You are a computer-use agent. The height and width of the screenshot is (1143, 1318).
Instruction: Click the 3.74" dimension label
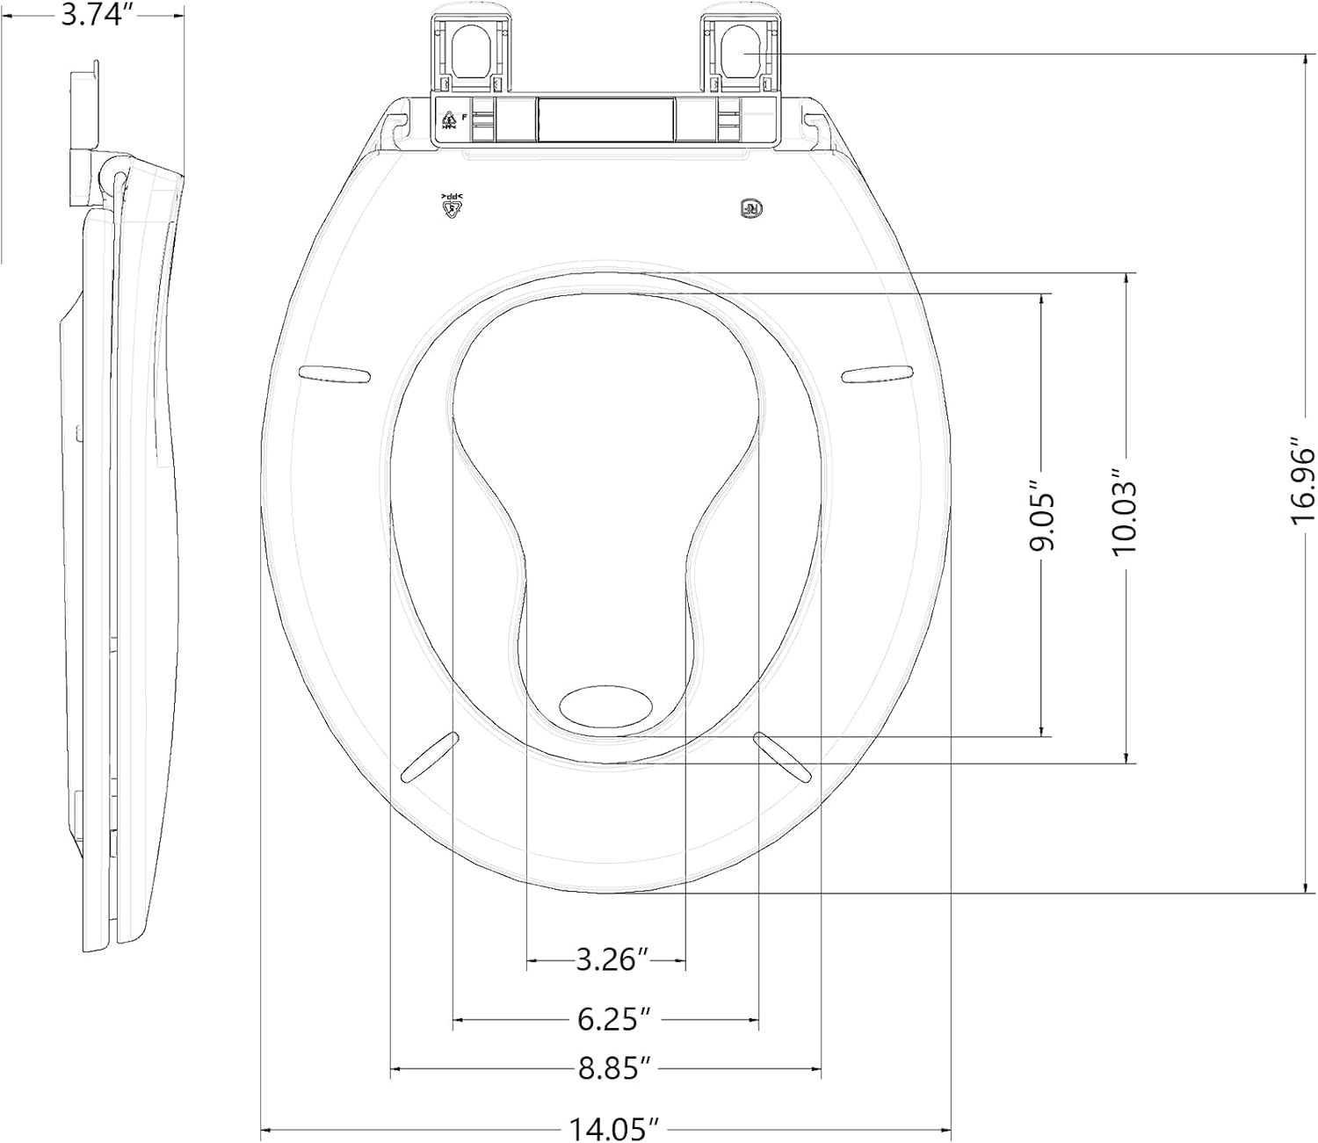(x=96, y=17)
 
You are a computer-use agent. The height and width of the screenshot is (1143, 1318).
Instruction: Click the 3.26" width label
(x=605, y=959)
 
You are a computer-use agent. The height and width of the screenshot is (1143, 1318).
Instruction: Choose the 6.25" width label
(x=613, y=1019)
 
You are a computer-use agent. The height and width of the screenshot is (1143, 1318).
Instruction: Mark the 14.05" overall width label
(x=614, y=1128)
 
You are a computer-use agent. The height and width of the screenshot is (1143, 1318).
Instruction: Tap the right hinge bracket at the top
(x=742, y=53)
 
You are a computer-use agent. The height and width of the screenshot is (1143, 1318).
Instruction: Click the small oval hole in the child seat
(x=606, y=705)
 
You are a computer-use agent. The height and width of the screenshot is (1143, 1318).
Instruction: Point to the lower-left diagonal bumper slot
(x=431, y=756)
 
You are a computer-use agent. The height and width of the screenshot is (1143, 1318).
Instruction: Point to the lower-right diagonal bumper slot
(x=782, y=756)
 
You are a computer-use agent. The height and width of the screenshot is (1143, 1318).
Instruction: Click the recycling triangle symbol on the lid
(x=452, y=207)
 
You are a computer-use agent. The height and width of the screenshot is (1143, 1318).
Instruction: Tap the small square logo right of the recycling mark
(x=750, y=209)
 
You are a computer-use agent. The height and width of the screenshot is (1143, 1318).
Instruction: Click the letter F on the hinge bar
(x=464, y=115)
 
